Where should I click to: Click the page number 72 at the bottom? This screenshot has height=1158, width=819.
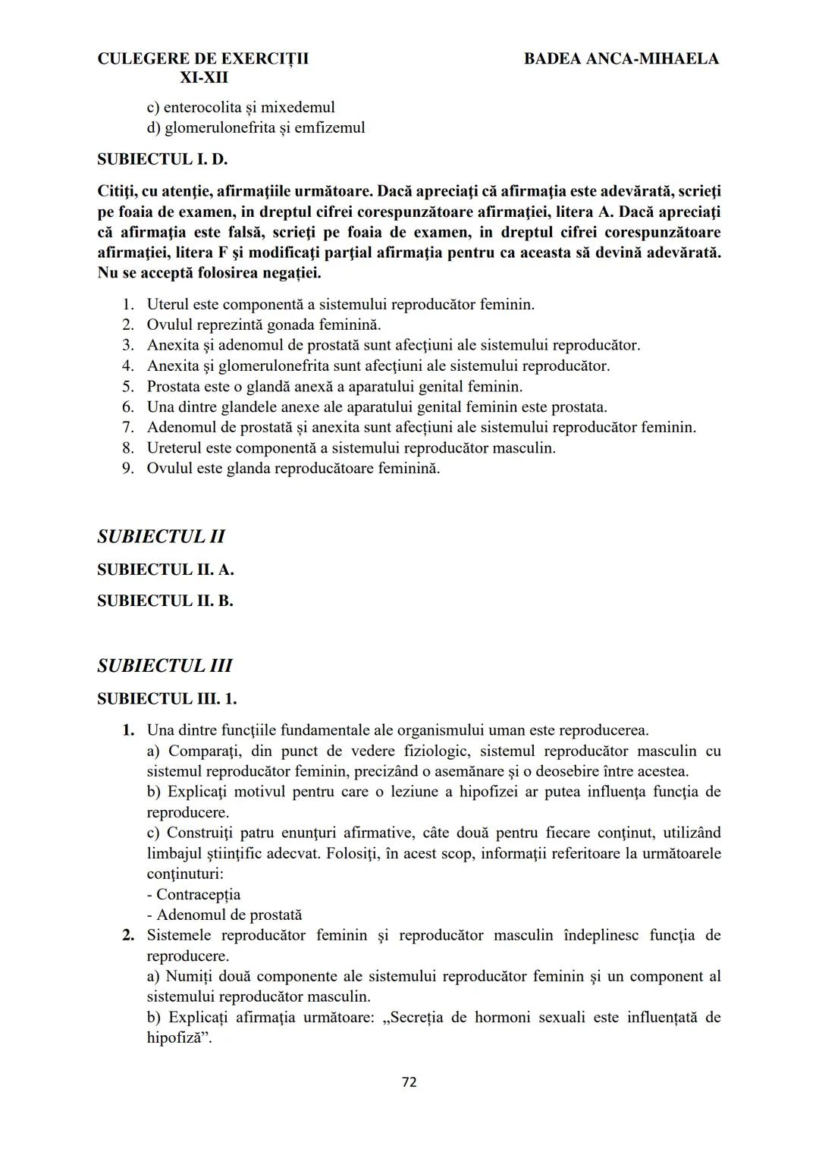point(409,1082)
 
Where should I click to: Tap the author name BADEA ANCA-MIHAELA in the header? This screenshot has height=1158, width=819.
point(621,58)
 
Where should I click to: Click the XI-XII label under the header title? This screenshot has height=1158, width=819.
point(203,77)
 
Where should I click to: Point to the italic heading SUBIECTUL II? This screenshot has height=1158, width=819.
point(161,536)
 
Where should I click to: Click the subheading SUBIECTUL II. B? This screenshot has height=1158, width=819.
point(165,601)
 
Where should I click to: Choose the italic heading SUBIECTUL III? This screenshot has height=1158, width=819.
point(165,665)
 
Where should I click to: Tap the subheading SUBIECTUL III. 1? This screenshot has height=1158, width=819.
point(167,698)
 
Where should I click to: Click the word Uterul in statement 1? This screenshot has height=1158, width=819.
point(168,304)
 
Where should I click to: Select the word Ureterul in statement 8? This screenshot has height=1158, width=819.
point(174,447)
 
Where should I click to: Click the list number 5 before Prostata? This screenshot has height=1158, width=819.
point(128,386)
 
